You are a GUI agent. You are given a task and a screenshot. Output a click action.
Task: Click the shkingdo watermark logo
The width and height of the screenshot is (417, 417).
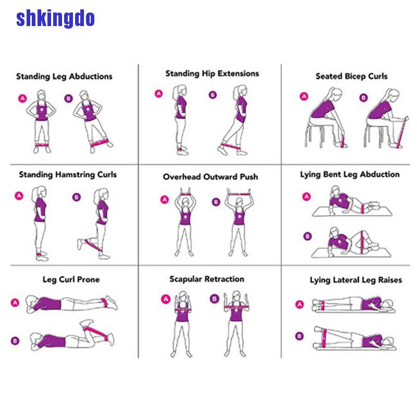point(55,19)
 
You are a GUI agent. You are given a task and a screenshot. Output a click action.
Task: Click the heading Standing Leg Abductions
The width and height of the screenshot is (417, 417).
point(64,76)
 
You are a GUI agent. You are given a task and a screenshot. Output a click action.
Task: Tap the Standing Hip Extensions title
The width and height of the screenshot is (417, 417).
point(212,73)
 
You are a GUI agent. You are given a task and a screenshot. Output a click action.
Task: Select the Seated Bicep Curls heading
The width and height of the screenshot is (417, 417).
point(351,76)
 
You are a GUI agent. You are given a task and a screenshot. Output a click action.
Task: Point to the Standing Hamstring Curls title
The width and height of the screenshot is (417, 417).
point(68,175)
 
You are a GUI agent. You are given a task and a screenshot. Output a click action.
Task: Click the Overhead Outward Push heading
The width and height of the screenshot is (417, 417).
point(210,177)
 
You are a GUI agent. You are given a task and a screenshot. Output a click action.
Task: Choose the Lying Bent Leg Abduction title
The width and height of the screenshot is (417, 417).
point(350,175)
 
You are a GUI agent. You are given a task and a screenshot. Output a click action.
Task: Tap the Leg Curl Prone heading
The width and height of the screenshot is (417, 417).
point(71,279)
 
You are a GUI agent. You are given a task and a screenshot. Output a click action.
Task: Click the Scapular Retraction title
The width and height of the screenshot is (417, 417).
point(207,279)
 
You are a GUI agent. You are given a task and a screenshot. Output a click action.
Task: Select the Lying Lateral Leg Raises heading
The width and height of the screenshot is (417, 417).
point(356,280)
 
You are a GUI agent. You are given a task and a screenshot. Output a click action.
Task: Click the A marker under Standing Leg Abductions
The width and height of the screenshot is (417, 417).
point(22,97)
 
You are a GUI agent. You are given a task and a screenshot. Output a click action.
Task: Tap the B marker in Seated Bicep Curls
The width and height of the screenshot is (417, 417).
point(363,97)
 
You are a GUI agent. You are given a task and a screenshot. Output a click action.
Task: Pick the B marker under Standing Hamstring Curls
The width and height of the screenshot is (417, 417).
point(77,197)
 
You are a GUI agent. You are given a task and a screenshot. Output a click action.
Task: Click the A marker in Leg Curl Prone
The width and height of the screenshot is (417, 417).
point(15,302)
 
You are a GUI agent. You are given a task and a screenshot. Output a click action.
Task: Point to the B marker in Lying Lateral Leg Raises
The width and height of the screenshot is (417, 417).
point(299,336)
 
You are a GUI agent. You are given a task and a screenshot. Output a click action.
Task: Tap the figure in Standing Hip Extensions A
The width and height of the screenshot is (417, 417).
point(180,120)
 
